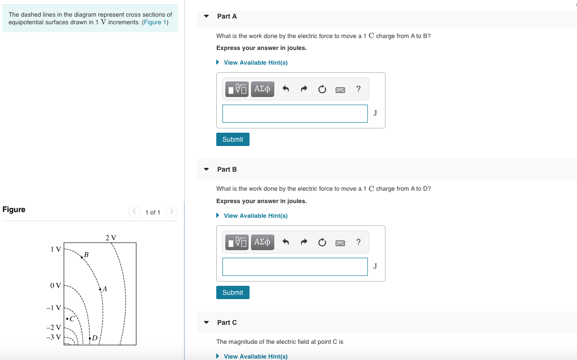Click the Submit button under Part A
tap(232, 139)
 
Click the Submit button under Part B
tap(232, 292)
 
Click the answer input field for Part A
tap(295, 113)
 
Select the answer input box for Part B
tap(295, 267)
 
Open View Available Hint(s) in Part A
tap(255, 63)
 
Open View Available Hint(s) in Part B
tap(255, 216)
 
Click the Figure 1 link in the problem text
tap(155, 22)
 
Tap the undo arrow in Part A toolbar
tap(286, 89)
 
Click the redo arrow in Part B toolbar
tap(304, 242)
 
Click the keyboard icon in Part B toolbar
tap(340, 243)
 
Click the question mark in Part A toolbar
tap(358, 89)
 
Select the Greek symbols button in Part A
tap(262, 89)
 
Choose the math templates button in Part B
tap(237, 242)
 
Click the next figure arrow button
tap(172, 212)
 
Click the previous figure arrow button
tap(135, 212)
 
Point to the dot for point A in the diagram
tap(100, 290)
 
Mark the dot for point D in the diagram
tap(90, 338)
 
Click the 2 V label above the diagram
tap(111, 238)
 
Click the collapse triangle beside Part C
tap(206, 322)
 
